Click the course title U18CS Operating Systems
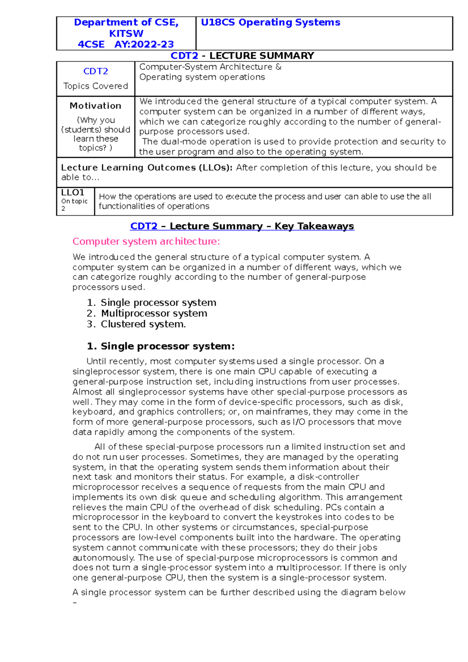(x=270, y=23)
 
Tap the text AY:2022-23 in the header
(x=144, y=44)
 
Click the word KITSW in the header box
(x=126, y=34)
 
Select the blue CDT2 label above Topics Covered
(x=96, y=71)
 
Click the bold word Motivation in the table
(x=96, y=106)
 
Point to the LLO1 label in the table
(x=73, y=193)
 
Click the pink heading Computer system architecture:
(x=146, y=242)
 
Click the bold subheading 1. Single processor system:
(x=161, y=346)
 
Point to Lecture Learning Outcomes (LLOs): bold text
(x=147, y=168)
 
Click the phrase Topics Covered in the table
(x=96, y=86)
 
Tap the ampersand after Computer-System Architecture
(x=278, y=67)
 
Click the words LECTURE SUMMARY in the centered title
(x=262, y=56)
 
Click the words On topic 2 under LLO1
(x=74, y=205)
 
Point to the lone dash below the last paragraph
(x=75, y=603)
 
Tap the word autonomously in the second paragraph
(x=103, y=558)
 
